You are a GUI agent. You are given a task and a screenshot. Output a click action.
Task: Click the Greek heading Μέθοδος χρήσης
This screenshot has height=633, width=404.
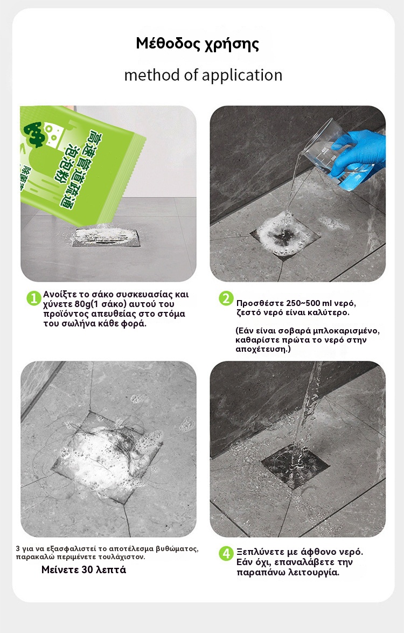tap(197, 44)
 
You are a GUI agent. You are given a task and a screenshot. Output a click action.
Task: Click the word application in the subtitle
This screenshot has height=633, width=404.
tap(242, 75)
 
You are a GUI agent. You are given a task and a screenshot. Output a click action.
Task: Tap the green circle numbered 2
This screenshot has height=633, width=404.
tap(226, 298)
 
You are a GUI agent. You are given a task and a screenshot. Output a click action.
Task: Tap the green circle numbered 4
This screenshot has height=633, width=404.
tap(226, 553)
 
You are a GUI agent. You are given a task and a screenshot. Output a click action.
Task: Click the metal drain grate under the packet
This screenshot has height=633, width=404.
tap(105, 238)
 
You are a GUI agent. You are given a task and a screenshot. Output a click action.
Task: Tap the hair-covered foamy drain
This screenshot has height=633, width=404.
tap(109, 456)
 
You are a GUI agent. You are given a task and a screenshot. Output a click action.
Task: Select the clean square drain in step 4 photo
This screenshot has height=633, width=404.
tap(295, 467)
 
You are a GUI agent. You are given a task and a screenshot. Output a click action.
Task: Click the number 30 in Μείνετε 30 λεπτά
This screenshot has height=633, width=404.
tap(87, 570)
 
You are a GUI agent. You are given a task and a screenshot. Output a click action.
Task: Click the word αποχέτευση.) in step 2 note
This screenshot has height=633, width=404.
tap(263, 349)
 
